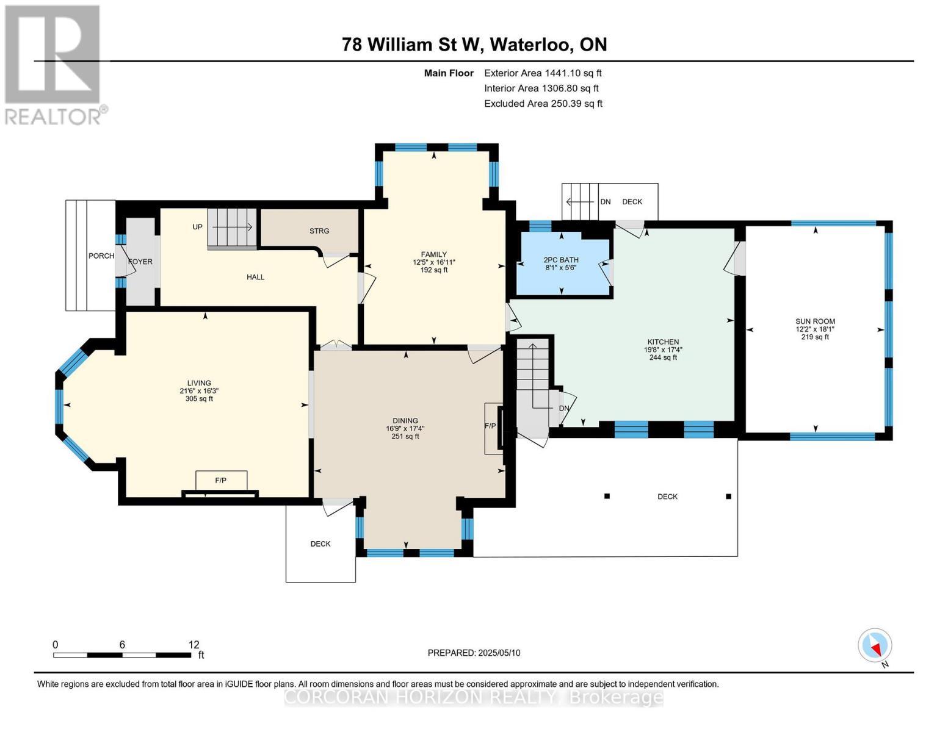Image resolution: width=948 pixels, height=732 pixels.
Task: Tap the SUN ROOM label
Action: tap(815, 321)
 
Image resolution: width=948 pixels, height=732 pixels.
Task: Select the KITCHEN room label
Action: tap(663, 342)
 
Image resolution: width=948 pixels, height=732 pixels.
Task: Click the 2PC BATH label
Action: tap(560, 260)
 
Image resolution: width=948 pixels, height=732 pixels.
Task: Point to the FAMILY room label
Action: tap(433, 254)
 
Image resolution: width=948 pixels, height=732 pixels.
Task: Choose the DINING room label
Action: tap(405, 421)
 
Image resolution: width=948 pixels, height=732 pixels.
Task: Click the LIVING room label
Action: tap(199, 383)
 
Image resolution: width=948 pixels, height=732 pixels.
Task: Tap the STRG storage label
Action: tap(319, 231)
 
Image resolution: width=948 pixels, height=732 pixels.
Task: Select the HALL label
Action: tap(255, 277)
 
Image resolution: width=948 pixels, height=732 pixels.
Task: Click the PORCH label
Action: tap(101, 256)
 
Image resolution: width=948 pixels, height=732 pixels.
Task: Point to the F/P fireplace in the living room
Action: tap(220, 481)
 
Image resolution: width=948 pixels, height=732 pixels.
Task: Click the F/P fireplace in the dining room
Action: tap(490, 426)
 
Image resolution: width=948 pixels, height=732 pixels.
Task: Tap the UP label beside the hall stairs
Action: tap(197, 227)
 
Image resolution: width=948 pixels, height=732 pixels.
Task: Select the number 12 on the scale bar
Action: tap(194, 645)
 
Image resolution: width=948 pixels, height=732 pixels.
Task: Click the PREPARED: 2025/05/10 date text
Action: tap(474, 653)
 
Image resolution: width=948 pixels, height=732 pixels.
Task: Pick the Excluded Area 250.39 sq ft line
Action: tap(543, 104)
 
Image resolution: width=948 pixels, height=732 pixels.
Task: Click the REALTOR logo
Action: tap(54, 64)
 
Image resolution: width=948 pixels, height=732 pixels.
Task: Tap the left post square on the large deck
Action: tap(607, 497)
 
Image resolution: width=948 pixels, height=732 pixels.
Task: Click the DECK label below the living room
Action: tap(320, 544)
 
